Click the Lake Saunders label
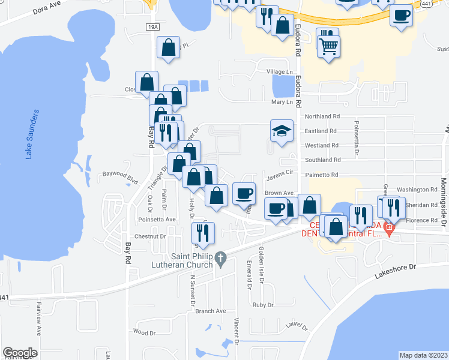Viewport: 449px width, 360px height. (x=32, y=134)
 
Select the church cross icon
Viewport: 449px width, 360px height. (x=220, y=259)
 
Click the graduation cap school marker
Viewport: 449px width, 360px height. (x=281, y=131)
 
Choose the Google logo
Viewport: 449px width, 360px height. (x=20, y=352)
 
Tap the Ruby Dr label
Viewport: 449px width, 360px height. (x=263, y=305)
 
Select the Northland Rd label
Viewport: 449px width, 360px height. (x=322, y=116)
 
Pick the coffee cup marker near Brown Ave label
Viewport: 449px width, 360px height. (x=244, y=193)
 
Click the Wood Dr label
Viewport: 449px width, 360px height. (x=145, y=331)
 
